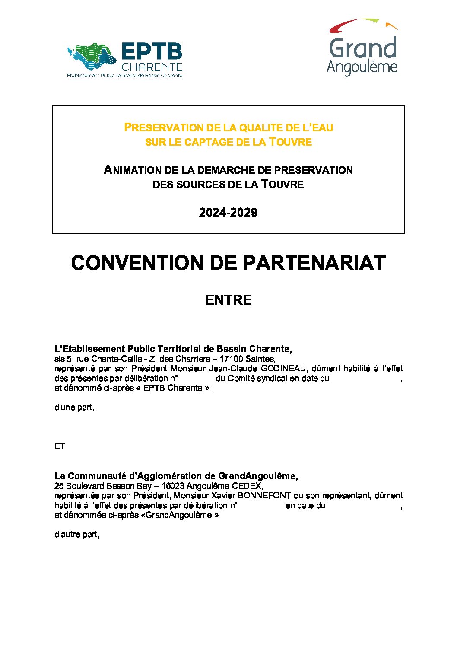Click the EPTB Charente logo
click(125, 60)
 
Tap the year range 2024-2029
click(228, 212)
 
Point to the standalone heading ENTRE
click(228, 300)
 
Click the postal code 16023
click(172, 486)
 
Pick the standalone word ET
click(60, 446)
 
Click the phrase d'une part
click(74, 408)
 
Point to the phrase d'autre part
click(76, 535)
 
